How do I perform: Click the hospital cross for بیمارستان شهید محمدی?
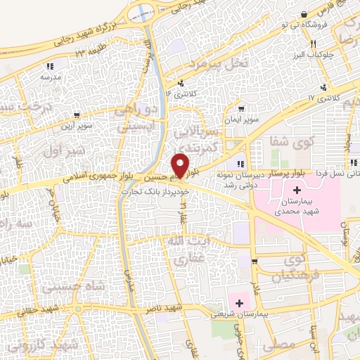click(x=297, y=190)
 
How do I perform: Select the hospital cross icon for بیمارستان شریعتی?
click(x=239, y=304)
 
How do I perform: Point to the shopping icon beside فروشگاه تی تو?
click(x=303, y=14)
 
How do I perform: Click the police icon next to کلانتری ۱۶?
click(x=181, y=82)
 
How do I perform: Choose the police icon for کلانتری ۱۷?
click(x=323, y=87)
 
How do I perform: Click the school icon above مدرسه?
click(x=49, y=65)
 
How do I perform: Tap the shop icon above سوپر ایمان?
click(x=242, y=110)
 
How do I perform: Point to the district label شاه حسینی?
click(x=63, y=287)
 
